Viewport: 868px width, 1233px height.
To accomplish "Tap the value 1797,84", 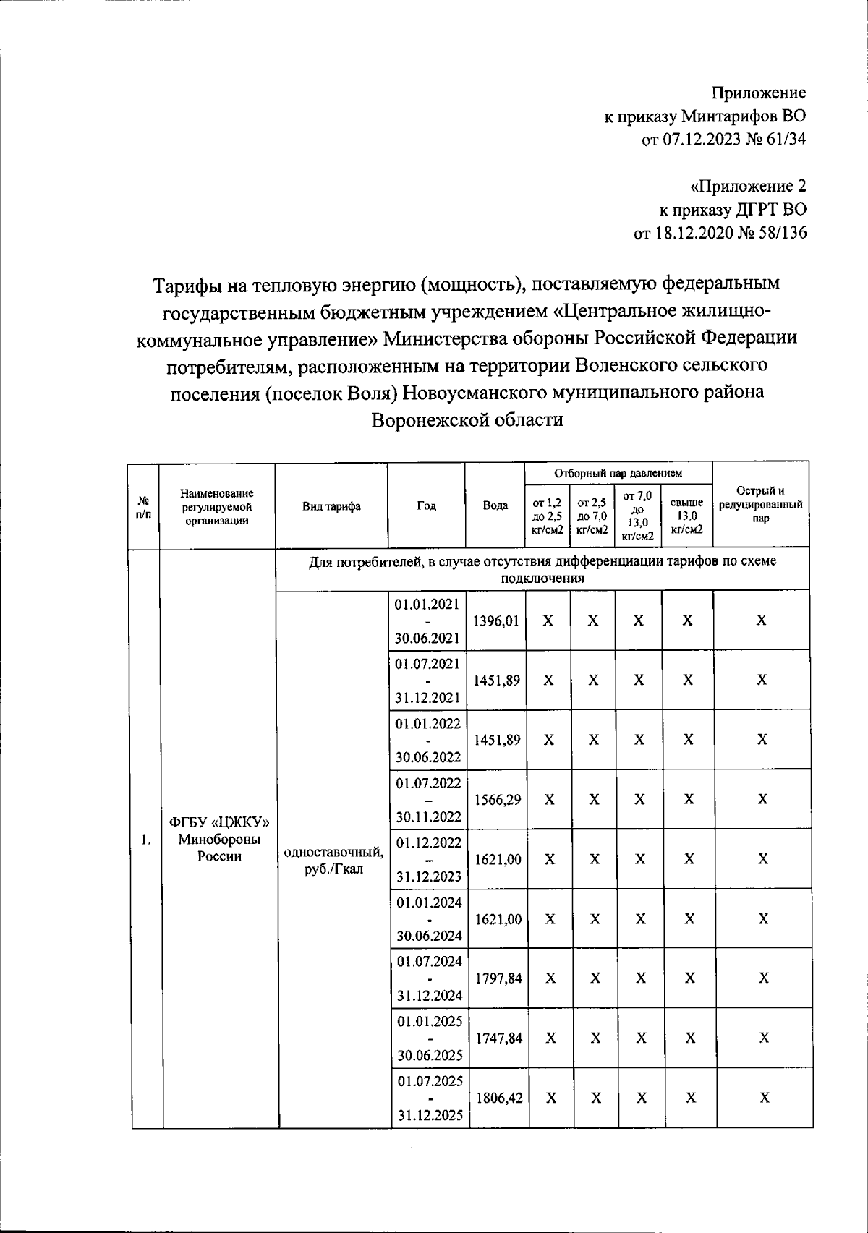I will click(x=498, y=978).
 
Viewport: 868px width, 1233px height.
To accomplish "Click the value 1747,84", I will click(x=498, y=1038).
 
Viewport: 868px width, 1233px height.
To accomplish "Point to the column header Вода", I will click(x=495, y=506).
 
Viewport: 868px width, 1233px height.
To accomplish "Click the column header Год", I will click(x=426, y=506).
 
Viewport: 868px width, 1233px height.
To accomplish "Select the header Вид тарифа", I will click(x=331, y=506).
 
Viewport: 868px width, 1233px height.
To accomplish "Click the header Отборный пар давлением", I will click(x=618, y=474).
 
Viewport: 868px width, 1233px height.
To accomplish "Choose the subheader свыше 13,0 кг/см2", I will click(x=686, y=516).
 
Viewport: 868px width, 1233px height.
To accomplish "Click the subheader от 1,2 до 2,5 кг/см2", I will click(x=547, y=516).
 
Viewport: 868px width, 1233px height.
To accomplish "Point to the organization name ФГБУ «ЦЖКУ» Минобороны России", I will click(x=218, y=840).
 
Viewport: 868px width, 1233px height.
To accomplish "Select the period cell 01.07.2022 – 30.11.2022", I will click(x=427, y=800).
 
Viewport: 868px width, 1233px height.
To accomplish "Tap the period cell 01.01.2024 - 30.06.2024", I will click(x=428, y=919).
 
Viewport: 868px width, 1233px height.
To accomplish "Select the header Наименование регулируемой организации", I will click(x=217, y=506).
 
